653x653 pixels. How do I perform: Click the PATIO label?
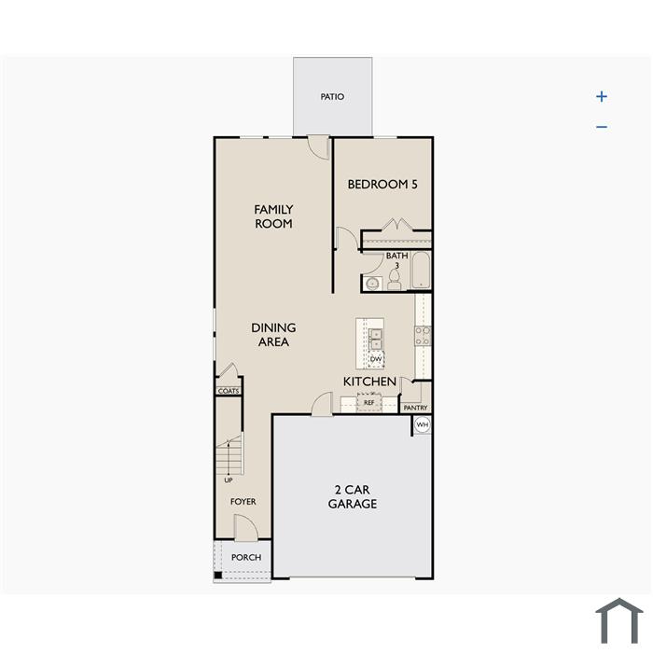tap(332, 97)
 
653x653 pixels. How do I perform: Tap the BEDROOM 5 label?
tap(382, 184)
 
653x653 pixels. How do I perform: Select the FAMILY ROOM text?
tap(273, 216)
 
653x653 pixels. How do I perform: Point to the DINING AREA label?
tap(273, 334)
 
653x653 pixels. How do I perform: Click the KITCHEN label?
tap(369, 382)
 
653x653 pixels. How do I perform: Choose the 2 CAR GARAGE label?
tap(353, 496)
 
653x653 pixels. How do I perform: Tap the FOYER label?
tap(243, 502)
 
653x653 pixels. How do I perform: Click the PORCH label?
tap(246, 557)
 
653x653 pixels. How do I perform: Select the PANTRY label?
tap(416, 408)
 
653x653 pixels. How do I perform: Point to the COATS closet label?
tap(229, 391)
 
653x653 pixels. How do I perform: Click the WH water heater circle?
tap(423, 424)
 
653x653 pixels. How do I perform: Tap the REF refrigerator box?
tap(369, 402)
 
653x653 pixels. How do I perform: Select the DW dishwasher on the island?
tap(376, 359)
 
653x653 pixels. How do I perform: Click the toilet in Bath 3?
tap(394, 280)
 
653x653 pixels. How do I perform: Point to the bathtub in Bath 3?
tap(421, 270)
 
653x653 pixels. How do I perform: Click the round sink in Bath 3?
tap(372, 284)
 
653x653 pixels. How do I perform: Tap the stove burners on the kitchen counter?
tap(423, 336)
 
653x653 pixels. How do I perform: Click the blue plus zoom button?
tap(602, 97)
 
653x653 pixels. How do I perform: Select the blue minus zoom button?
tap(602, 127)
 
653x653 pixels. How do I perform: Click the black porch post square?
tap(218, 576)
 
